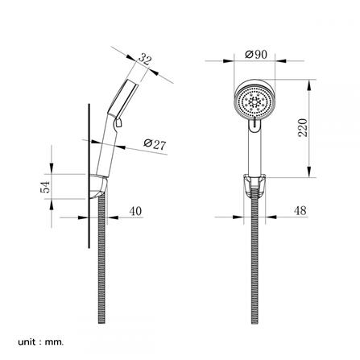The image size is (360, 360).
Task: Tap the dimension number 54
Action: pyautogui.click(x=47, y=187)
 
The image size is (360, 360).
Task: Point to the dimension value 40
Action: pyautogui.click(x=134, y=212)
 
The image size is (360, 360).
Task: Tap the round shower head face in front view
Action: pyautogui.click(x=254, y=102)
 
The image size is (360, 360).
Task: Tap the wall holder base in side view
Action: pyautogui.click(x=97, y=187)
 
